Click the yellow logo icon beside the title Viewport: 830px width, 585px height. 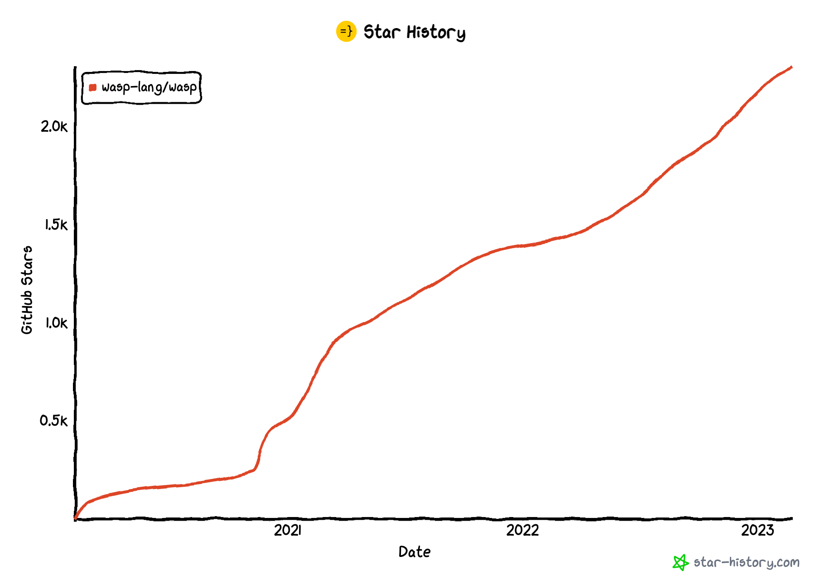point(346,31)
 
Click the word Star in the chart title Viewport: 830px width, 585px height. point(382,32)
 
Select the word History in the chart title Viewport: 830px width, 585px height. point(436,33)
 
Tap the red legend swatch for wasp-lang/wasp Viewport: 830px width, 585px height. point(93,87)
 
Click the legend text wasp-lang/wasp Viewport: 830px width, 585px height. point(149,87)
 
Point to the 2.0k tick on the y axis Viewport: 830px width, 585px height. point(54,127)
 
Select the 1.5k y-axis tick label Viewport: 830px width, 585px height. point(56,225)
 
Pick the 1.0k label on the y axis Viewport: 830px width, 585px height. point(56,323)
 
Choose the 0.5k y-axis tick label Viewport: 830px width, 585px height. point(53,421)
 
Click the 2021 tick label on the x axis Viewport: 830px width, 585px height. point(288,530)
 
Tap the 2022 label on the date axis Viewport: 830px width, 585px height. point(522,530)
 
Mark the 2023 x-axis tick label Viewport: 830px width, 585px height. point(758,530)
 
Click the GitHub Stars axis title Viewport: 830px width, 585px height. point(27,290)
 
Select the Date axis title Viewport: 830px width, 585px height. point(414,552)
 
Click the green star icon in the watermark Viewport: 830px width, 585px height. point(680,562)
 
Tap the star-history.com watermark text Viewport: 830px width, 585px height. point(746,562)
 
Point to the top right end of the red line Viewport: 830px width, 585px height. point(791,67)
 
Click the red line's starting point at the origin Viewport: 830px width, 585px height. point(76,518)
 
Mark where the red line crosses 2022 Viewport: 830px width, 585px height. point(522,246)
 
